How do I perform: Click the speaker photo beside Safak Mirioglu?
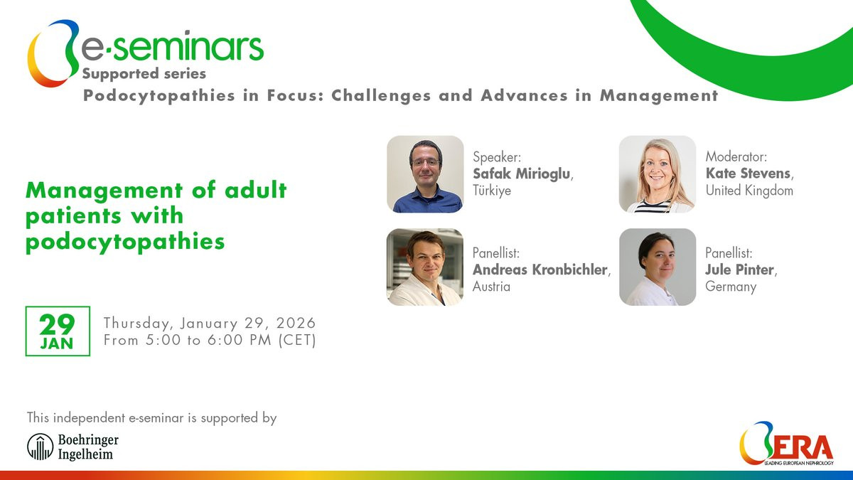[425, 174]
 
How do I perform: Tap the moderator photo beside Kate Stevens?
[658, 174]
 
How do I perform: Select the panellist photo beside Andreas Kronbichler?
[425, 267]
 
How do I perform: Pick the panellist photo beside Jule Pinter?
[658, 267]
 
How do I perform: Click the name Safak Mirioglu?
[522, 174]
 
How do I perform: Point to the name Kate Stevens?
[749, 174]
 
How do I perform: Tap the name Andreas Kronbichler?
[540, 270]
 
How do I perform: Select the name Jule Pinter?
[739, 270]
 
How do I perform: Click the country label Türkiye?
[492, 190]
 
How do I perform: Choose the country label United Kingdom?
[749, 190]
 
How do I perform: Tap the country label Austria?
[491, 287]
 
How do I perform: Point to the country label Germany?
[731, 287]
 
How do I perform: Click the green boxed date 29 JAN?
[58, 331]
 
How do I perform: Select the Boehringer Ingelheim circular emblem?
[40, 447]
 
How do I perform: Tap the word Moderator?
[736, 156]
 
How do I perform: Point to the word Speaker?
[496, 157]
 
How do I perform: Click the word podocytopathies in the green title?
[125, 242]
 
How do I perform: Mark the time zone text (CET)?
[297, 340]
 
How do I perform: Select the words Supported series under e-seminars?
[144, 73]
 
